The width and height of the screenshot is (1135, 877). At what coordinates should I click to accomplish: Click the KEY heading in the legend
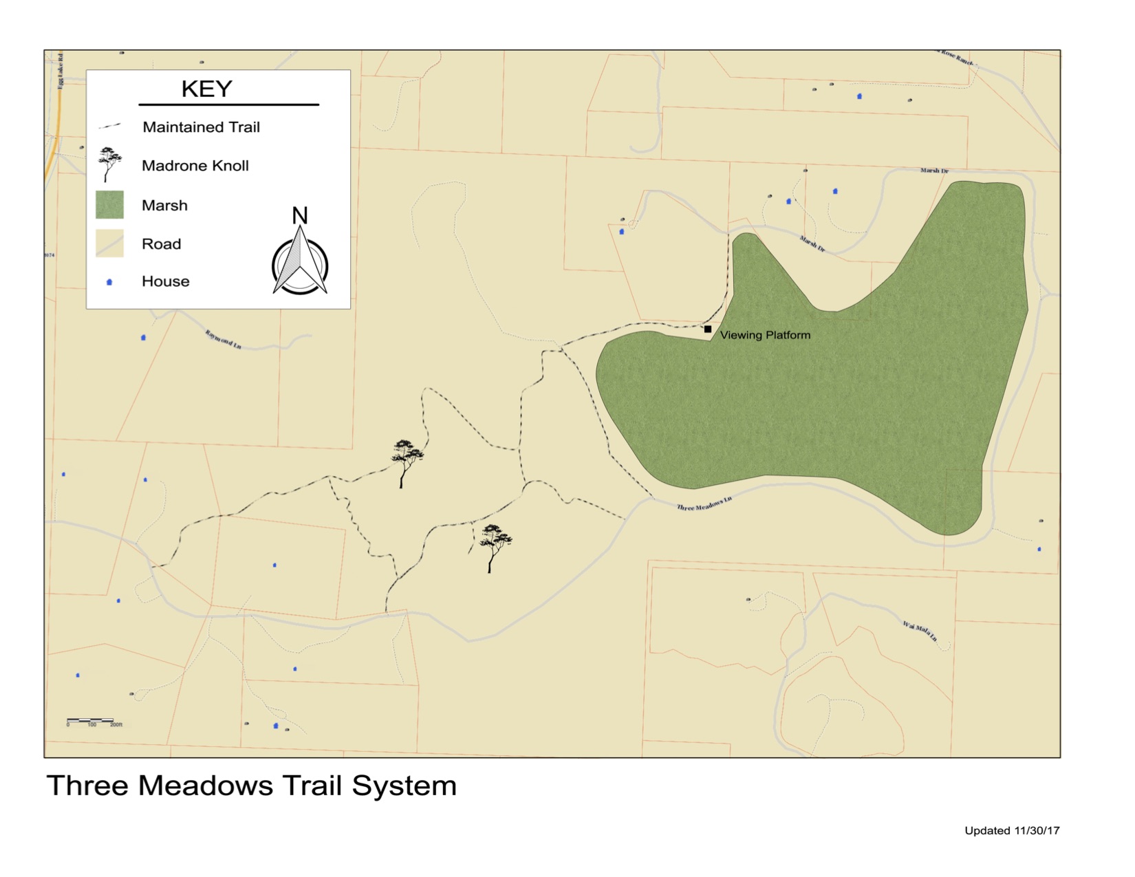coord(206,89)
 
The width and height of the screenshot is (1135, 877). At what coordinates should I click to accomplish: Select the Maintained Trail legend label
coord(201,127)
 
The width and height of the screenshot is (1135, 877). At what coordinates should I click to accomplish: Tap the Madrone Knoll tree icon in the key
coord(109,164)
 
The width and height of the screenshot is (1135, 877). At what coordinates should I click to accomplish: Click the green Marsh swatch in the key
coord(109,205)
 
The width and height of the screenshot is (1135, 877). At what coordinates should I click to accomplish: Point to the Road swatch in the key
coord(109,243)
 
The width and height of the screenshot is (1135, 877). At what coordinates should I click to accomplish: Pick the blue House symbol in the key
coord(109,282)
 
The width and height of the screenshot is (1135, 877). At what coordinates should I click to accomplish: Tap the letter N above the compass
coord(299,216)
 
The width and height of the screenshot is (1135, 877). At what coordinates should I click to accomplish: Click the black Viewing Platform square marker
coord(708,329)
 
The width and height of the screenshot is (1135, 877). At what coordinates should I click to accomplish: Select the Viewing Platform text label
coord(765,335)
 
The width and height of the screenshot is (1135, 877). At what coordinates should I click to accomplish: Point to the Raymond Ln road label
coord(223,339)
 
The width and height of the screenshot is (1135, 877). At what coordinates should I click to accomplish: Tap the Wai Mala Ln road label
coord(920,630)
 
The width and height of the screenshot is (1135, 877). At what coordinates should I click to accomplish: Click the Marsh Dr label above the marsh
coord(934,171)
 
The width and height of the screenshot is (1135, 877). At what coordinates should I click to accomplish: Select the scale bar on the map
coord(91,721)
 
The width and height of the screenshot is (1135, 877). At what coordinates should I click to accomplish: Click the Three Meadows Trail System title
coord(251,786)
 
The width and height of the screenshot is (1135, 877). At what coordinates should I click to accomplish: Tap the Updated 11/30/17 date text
coord(1012,831)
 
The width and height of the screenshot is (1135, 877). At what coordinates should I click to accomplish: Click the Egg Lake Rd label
coord(61,70)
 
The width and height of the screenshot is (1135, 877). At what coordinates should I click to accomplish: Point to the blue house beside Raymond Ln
coord(143,338)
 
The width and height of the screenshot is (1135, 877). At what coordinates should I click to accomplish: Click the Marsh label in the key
coord(164,206)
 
